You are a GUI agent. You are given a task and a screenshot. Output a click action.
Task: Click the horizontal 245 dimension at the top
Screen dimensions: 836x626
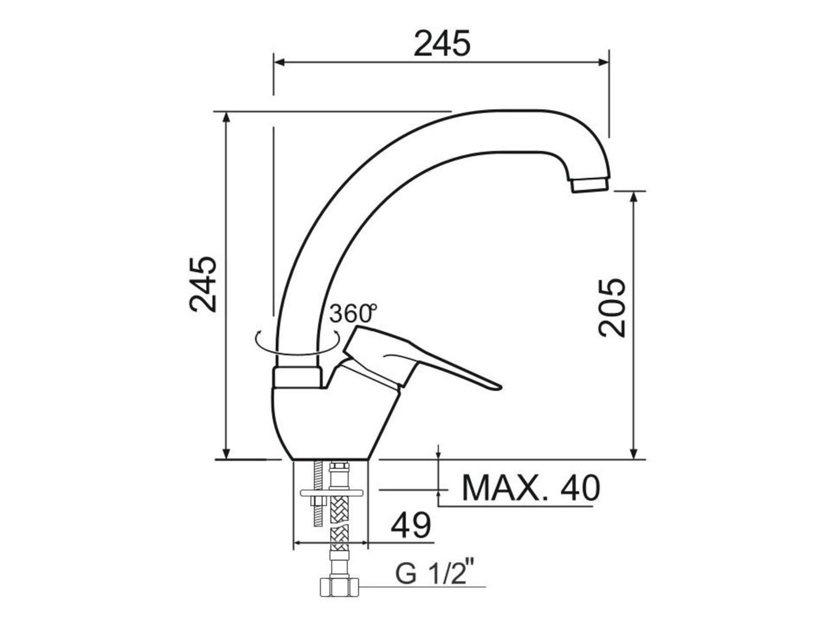click(442, 43)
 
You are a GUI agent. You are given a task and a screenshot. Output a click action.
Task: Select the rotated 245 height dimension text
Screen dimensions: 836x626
click(203, 285)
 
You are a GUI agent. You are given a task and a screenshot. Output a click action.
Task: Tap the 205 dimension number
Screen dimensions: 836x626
click(612, 308)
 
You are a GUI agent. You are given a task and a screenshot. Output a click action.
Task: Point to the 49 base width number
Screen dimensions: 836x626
click(411, 525)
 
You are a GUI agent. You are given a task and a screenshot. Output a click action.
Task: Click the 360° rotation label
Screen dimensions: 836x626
click(353, 314)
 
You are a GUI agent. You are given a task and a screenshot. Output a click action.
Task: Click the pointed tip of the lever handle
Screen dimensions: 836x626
click(500, 388)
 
